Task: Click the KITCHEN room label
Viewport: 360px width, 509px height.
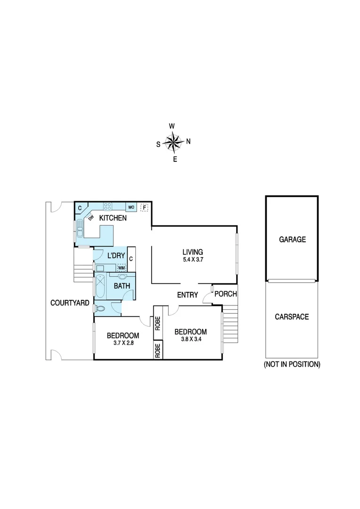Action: pyautogui.click(x=112, y=218)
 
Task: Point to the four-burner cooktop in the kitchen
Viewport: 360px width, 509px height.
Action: pyautogui.click(x=107, y=206)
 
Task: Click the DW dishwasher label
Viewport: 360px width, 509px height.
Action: pyautogui.click(x=91, y=217)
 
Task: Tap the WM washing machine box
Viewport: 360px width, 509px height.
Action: pyautogui.click(x=122, y=268)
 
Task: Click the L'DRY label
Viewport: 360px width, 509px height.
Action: pyautogui.click(x=116, y=255)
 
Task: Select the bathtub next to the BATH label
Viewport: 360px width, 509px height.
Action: pyautogui.click(x=101, y=286)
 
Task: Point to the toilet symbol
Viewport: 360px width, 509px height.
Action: pyautogui.click(x=99, y=309)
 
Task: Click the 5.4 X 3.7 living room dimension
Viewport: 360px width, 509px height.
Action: pyautogui.click(x=193, y=260)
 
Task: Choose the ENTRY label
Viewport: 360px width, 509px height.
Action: pyautogui.click(x=187, y=295)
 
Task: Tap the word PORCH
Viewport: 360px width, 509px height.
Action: pyautogui.click(x=226, y=294)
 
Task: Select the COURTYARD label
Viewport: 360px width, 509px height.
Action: pyautogui.click(x=69, y=303)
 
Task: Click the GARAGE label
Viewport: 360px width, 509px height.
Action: pyautogui.click(x=292, y=239)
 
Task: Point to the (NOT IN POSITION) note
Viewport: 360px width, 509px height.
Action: pyautogui.click(x=292, y=364)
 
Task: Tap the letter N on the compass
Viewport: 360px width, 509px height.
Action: pyautogui.click(x=188, y=141)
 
